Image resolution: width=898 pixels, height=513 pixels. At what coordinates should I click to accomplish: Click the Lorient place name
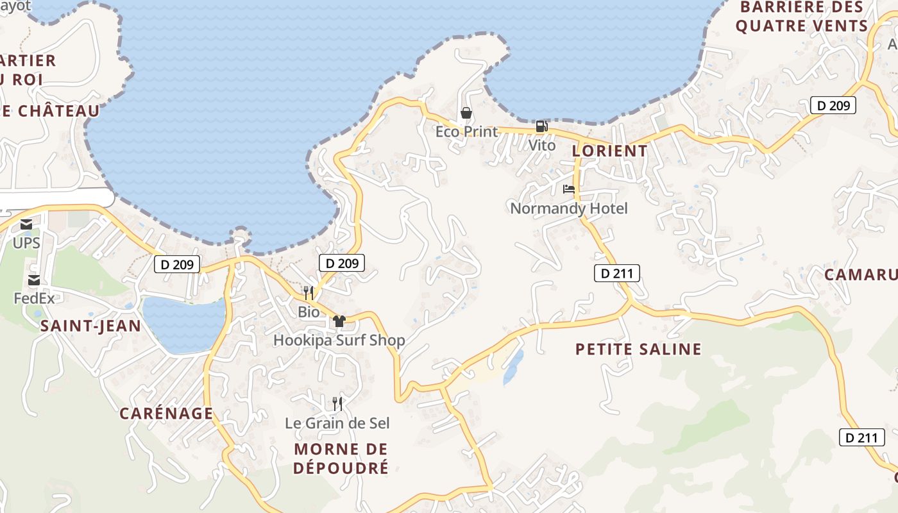pos(609,151)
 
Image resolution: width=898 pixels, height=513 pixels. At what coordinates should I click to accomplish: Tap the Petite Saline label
pos(638,349)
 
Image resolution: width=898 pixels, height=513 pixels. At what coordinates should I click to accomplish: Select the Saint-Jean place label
pos(90,326)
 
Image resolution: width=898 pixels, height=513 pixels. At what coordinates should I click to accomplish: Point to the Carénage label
pos(166,413)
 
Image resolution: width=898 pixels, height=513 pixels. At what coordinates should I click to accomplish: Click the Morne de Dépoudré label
pos(341,458)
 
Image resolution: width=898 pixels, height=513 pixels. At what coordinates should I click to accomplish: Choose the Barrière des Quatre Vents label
pos(801,17)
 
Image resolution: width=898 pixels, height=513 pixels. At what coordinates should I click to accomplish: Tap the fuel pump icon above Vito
pos(542,127)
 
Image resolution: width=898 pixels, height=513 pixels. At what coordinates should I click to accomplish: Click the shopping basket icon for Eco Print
pos(466,114)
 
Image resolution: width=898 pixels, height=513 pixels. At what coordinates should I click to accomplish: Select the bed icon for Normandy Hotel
pos(569,189)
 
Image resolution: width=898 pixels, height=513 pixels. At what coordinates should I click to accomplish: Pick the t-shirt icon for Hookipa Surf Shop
pos(339,321)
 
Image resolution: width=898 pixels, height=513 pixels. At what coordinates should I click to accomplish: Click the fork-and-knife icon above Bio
pos(309,293)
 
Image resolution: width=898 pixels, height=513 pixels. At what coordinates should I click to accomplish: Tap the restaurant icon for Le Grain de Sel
pos(337,403)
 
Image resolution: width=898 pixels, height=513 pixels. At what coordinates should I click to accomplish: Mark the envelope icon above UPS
pos(26,224)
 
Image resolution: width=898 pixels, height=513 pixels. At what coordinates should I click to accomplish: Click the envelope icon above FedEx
pos(34,280)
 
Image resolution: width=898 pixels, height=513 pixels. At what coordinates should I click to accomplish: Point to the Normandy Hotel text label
pos(569,208)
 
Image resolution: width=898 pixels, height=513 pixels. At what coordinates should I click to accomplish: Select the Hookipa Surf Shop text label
pos(339,340)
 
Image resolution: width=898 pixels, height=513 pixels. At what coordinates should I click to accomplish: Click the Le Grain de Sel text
pos(337,423)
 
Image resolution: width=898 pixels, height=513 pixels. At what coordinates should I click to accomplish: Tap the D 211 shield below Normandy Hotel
pos(617,274)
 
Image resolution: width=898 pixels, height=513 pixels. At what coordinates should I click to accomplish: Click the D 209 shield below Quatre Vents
pos(833,106)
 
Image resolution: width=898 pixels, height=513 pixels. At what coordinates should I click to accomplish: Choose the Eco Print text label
pos(466,132)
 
